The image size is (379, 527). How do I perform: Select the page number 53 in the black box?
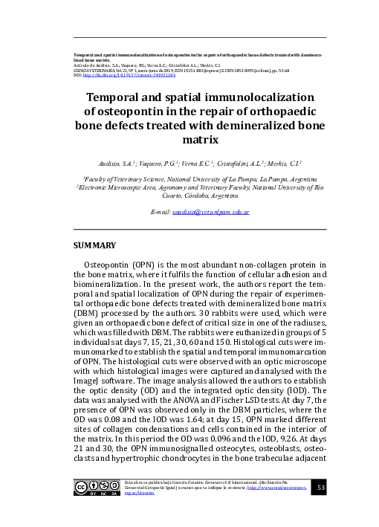tap(321, 488)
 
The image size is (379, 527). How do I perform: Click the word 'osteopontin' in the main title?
tap(129, 111)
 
